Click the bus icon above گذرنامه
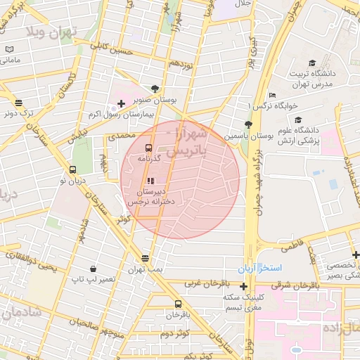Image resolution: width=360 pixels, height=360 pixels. pos(148,148)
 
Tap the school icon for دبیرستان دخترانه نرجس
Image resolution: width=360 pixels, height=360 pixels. pos(151,181)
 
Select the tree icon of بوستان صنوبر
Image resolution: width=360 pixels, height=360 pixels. pos(155,89)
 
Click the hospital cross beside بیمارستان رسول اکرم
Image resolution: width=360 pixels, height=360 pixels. pos(122,104)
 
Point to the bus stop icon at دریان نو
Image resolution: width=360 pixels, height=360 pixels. pos(72,169)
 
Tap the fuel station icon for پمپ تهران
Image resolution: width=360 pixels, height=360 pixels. pos(146,258)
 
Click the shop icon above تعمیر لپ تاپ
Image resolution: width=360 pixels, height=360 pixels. pos(93,269)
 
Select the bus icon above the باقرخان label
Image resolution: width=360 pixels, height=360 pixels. pos(177,304)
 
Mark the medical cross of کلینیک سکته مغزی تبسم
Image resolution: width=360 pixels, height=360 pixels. pos(243,286)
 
